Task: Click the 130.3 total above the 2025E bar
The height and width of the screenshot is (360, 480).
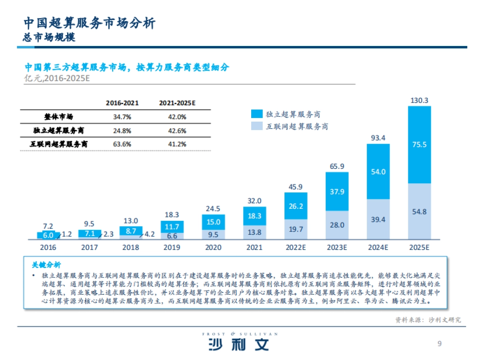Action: [x=419, y=100]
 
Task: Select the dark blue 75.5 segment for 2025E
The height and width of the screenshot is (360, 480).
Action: [x=419, y=145]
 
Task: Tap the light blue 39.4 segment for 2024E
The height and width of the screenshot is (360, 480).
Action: [x=378, y=219]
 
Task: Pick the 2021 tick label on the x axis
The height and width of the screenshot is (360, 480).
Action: [x=254, y=248]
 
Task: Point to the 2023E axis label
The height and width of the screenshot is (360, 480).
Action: [x=337, y=248]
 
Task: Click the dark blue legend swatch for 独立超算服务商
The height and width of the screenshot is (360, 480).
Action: [x=256, y=114]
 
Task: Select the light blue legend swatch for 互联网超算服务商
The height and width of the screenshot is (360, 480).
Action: [x=256, y=126]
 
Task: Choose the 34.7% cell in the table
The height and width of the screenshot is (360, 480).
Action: [x=122, y=117]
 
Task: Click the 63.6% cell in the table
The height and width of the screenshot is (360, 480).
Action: [x=122, y=144]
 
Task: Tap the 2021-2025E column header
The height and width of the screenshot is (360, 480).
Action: [x=177, y=103]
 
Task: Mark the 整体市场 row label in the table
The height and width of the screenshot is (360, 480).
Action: [x=58, y=117]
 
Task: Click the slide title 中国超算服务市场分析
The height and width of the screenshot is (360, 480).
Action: [x=89, y=23]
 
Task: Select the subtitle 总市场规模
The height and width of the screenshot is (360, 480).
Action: [x=49, y=37]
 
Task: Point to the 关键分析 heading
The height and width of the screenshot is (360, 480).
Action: [x=46, y=265]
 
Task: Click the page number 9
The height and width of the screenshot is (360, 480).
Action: [x=440, y=344]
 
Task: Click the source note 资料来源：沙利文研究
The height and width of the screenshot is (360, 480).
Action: [x=428, y=320]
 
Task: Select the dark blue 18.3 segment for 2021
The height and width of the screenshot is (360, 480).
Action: [x=254, y=216]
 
